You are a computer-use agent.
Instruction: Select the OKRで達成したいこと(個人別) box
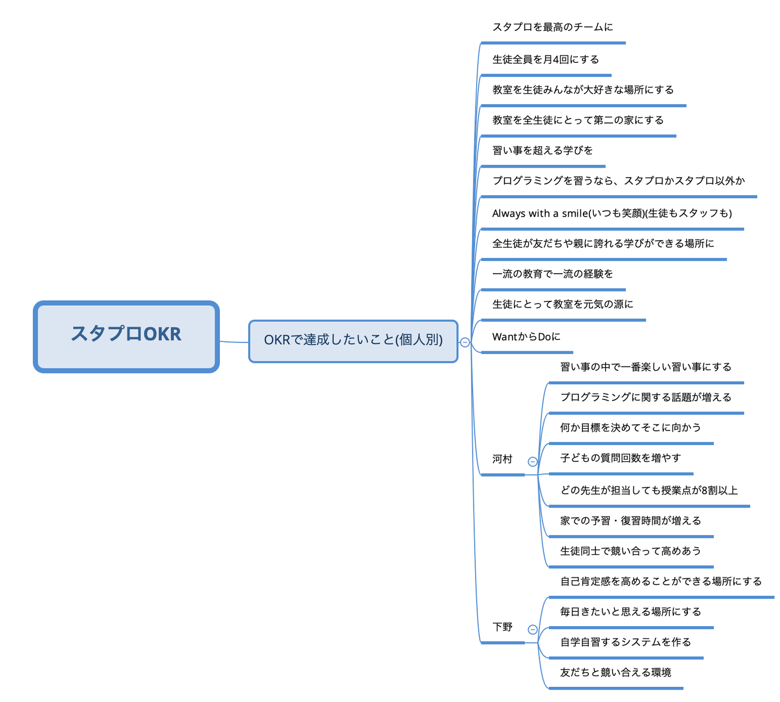353,341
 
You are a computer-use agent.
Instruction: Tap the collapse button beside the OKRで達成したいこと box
465,342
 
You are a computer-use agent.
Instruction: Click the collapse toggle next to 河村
532,462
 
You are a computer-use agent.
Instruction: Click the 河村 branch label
502,460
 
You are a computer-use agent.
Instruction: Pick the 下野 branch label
502,627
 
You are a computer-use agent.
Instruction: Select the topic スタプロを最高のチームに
552,27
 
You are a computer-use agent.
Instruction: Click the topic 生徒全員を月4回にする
545,60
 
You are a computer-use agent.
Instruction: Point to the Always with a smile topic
612,214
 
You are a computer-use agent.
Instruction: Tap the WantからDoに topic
526,337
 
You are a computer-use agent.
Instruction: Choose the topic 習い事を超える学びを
542,151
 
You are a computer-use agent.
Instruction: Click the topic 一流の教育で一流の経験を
552,274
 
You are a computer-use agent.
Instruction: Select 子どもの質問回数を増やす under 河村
620,458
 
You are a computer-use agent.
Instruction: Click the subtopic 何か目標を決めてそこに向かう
630,428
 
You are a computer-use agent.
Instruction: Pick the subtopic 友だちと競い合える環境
615,673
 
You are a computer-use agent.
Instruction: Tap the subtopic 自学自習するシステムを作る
625,642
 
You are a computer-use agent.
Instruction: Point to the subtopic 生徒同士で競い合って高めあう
630,551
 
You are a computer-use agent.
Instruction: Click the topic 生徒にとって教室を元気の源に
562,305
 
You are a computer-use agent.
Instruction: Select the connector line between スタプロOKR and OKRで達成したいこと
234,342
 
